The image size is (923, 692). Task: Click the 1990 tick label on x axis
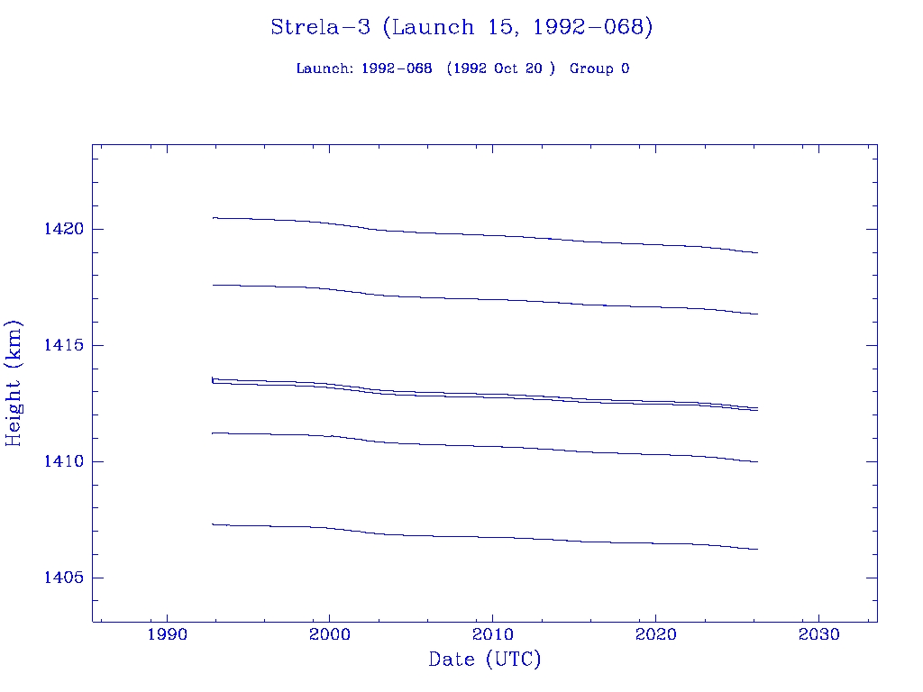pyautogui.click(x=167, y=634)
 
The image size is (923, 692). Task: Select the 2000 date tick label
pyautogui.click(x=330, y=634)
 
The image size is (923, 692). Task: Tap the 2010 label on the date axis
pyautogui.click(x=492, y=634)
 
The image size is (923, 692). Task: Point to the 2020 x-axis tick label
pyautogui.click(x=655, y=634)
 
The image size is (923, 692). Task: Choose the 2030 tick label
pyautogui.click(x=818, y=634)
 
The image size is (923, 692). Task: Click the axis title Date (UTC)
pyautogui.click(x=485, y=660)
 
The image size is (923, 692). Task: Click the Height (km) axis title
pyautogui.click(x=14, y=383)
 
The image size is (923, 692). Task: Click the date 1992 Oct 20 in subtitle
pyautogui.click(x=500, y=69)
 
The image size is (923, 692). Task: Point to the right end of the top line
pyautogui.click(x=757, y=253)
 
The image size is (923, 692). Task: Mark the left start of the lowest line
pyautogui.click(x=213, y=524)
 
